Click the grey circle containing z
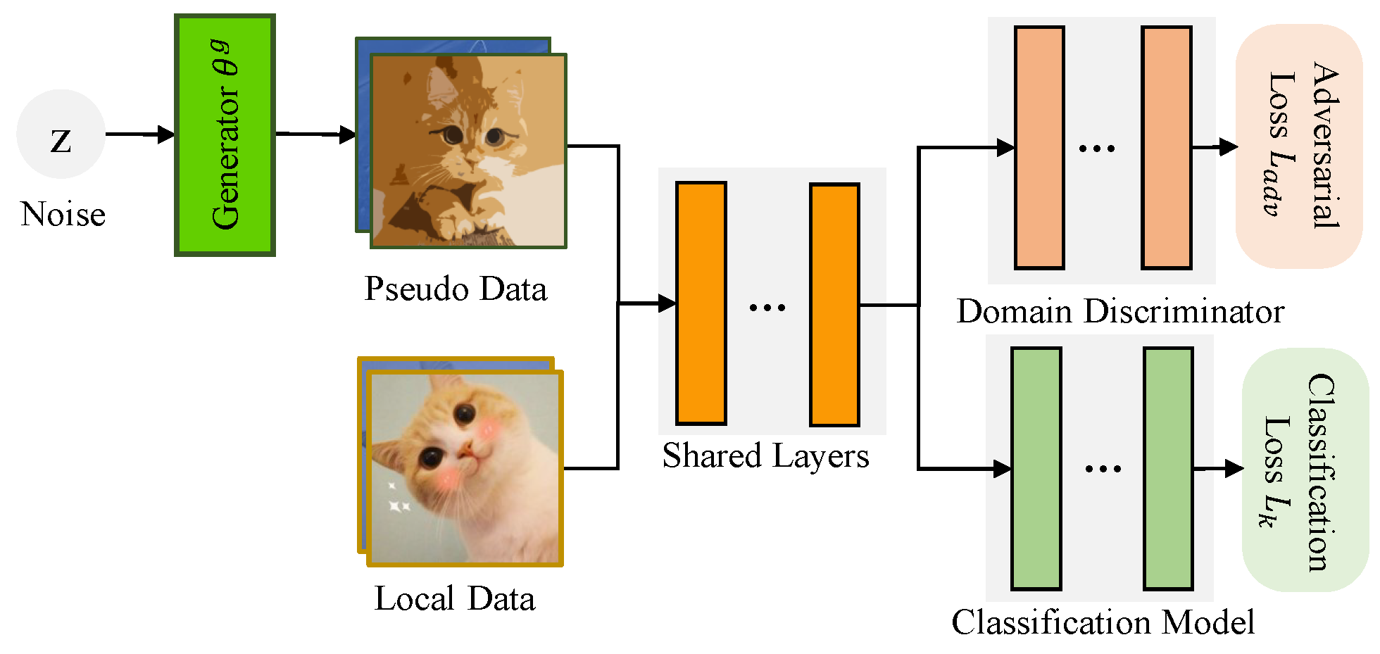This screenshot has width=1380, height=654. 61,134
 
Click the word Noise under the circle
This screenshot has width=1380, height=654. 63,214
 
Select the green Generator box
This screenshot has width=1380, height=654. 225,135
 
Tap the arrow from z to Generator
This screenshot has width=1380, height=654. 140,134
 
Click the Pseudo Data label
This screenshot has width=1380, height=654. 456,289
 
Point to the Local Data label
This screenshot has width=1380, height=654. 455,599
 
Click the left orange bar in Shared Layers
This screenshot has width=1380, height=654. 701,303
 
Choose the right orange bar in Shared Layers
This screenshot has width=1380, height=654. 834,305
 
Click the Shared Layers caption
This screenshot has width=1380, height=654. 765,455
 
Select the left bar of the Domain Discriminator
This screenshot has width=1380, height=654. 1039,148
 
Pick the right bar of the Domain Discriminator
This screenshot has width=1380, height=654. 1167,148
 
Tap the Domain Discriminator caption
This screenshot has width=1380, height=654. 1120,311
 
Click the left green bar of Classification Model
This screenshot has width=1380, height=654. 1036,469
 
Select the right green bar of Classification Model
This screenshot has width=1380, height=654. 1169,469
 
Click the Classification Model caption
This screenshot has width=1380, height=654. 1103,622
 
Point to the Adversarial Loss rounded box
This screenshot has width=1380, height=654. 1299,146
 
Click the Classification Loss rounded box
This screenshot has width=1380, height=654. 1305,470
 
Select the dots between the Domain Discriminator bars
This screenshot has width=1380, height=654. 1097,149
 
